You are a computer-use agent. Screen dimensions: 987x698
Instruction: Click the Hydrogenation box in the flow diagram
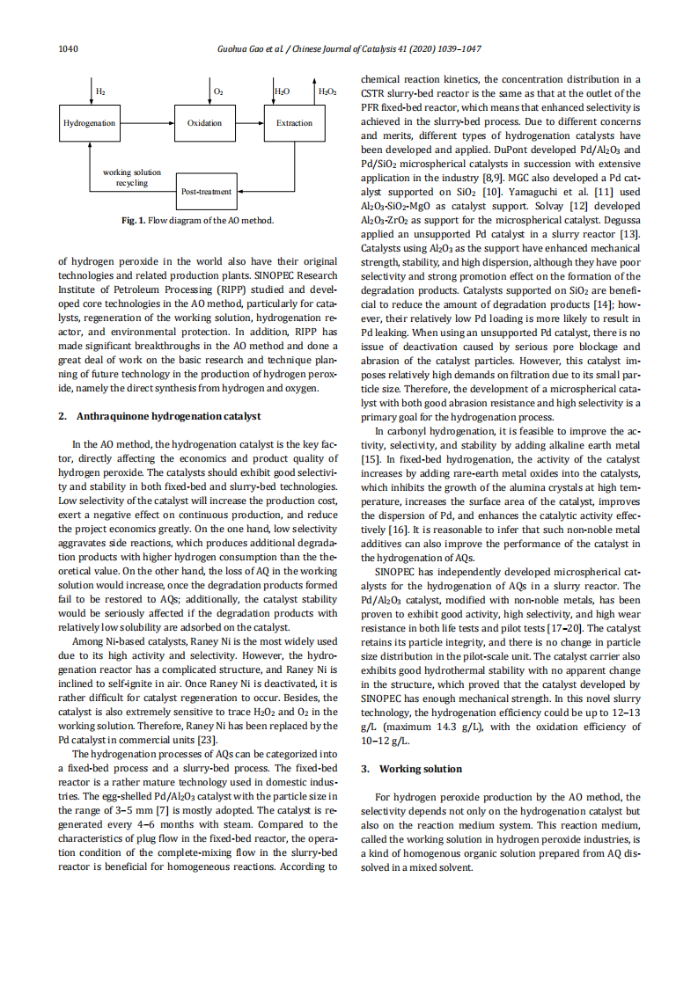[x=90, y=123]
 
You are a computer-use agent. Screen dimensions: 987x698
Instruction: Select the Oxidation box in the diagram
[x=205, y=123]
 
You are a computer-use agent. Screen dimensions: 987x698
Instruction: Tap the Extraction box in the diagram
[x=294, y=123]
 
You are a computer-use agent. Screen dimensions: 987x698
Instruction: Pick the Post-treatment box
[x=206, y=191]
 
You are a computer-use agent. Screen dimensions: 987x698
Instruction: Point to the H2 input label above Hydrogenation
[x=101, y=91]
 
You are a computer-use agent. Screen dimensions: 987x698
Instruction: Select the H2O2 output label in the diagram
[x=327, y=91]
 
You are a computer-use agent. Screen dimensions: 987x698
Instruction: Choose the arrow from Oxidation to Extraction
[x=250, y=123]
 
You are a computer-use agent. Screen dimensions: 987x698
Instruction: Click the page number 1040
[x=69, y=48]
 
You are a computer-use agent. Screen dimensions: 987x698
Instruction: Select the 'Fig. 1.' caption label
[x=135, y=220]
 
